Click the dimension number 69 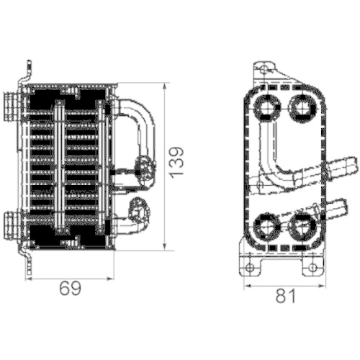click(70, 289)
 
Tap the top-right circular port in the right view click(300, 107)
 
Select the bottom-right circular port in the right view click(300, 225)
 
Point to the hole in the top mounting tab click(261, 72)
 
